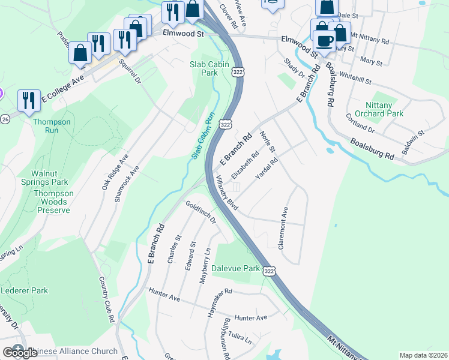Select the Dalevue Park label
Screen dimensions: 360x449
pyautogui.click(x=235, y=268)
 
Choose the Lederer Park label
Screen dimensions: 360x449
pyautogui.click(x=24, y=290)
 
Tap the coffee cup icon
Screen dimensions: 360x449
pyautogui.click(x=325, y=41)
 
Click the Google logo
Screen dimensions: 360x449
pyautogui.click(x=20, y=353)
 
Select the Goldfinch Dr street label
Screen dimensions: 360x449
pyautogui.click(x=200, y=212)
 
